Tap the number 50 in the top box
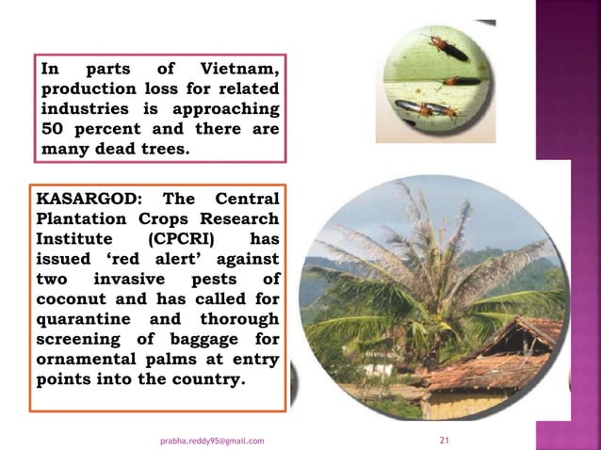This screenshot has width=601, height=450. click(x=53, y=129)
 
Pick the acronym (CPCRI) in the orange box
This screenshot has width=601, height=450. click(x=177, y=239)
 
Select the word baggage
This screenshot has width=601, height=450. click(x=193, y=340)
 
